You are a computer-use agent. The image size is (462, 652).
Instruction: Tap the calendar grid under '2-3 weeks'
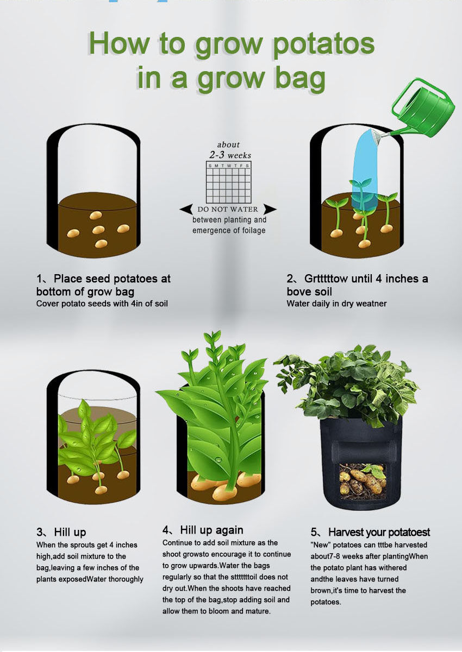pos(228,182)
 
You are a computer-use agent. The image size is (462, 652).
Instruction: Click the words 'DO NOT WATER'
pos(228,209)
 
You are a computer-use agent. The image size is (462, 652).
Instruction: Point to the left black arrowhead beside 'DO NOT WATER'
pos(186,209)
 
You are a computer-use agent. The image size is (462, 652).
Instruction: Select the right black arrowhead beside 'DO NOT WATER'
pos(270,209)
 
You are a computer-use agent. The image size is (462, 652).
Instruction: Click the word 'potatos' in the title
pos(323,44)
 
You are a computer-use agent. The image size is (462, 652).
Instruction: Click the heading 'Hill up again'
pos(211,530)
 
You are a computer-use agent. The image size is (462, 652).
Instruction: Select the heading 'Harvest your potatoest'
pos(379,532)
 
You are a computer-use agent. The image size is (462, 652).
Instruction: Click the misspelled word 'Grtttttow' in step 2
pos(326,279)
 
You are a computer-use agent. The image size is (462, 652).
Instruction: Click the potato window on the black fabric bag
pos(363,482)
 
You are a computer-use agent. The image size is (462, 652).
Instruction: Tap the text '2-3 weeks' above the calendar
pos(230,155)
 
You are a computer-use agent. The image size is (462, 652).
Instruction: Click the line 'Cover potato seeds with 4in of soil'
pos(102,303)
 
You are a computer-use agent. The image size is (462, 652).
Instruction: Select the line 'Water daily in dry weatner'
pos(336,303)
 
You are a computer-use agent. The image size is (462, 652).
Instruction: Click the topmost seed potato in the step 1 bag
pos(96,216)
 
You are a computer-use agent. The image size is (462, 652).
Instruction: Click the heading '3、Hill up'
pos(61,532)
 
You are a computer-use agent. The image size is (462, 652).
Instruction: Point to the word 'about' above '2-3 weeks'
pos(228,144)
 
